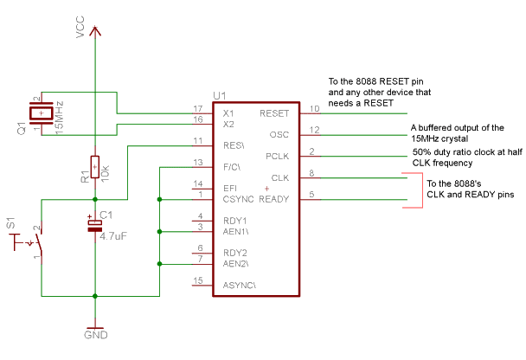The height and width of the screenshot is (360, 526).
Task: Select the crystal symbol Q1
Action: pyautogui.click(x=40, y=112)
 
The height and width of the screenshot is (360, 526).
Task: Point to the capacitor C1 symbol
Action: pyautogui.click(x=93, y=224)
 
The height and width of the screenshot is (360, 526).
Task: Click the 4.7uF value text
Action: pyautogui.click(x=114, y=235)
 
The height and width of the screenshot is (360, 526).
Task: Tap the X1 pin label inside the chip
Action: pyautogui.click(x=228, y=113)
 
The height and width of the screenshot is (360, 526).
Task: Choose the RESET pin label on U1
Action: pyautogui.click(x=273, y=113)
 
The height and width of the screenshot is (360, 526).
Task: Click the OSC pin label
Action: pyautogui.click(x=279, y=135)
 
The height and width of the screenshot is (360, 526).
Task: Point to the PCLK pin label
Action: pyautogui.click(x=277, y=157)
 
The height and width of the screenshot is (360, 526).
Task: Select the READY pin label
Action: pyautogui.click(x=274, y=200)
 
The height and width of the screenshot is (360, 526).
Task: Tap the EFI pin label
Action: pyautogui.click(x=230, y=187)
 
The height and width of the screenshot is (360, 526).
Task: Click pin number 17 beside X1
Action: pyautogui.click(x=197, y=108)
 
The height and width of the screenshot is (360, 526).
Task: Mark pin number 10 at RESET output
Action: pyautogui.click(x=315, y=108)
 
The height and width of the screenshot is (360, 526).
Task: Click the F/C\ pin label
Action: pyautogui.click(x=233, y=165)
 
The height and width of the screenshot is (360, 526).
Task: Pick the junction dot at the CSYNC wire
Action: pyautogui.click(x=158, y=200)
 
